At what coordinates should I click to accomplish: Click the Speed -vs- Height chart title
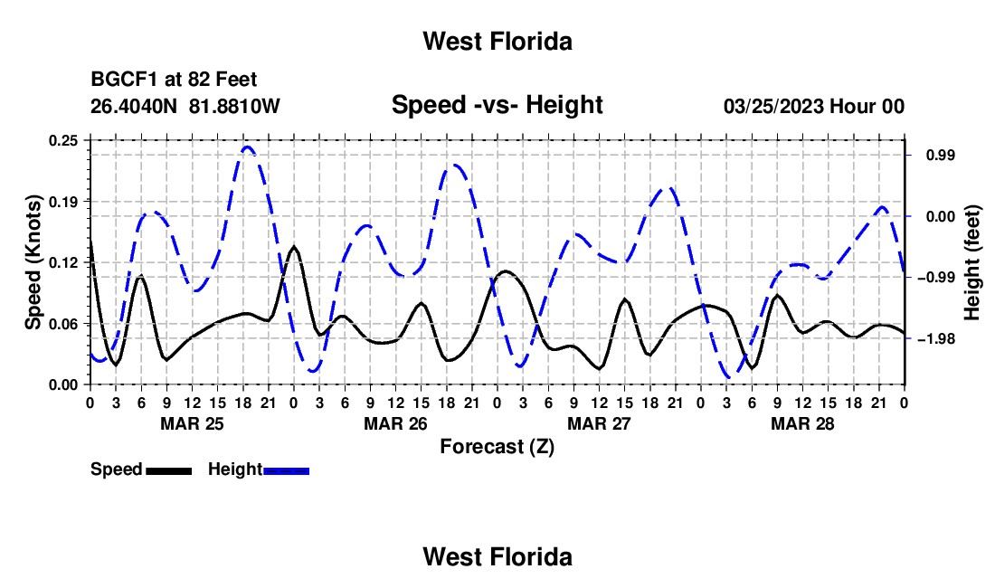(x=497, y=105)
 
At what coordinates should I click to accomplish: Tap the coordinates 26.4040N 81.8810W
(x=185, y=106)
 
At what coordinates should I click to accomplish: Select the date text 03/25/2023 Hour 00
(x=813, y=106)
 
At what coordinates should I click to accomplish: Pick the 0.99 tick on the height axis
(x=941, y=156)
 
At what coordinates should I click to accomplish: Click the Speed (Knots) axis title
(x=33, y=262)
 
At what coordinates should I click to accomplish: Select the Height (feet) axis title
(x=972, y=262)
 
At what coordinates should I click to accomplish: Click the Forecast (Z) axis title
(x=497, y=447)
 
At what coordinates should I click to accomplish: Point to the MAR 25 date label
(x=193, y=423)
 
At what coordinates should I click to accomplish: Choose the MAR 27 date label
(x=599, y=423)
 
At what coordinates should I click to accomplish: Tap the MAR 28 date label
(x=802, y=423)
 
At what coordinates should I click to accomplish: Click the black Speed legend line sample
(x=169, y=470)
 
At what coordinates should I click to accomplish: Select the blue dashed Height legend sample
(x=286, y=470)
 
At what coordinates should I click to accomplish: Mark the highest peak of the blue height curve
(x=248, y=147)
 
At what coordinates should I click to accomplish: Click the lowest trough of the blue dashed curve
(x=728, y=377)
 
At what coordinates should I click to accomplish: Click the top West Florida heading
(x=497, y=42)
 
